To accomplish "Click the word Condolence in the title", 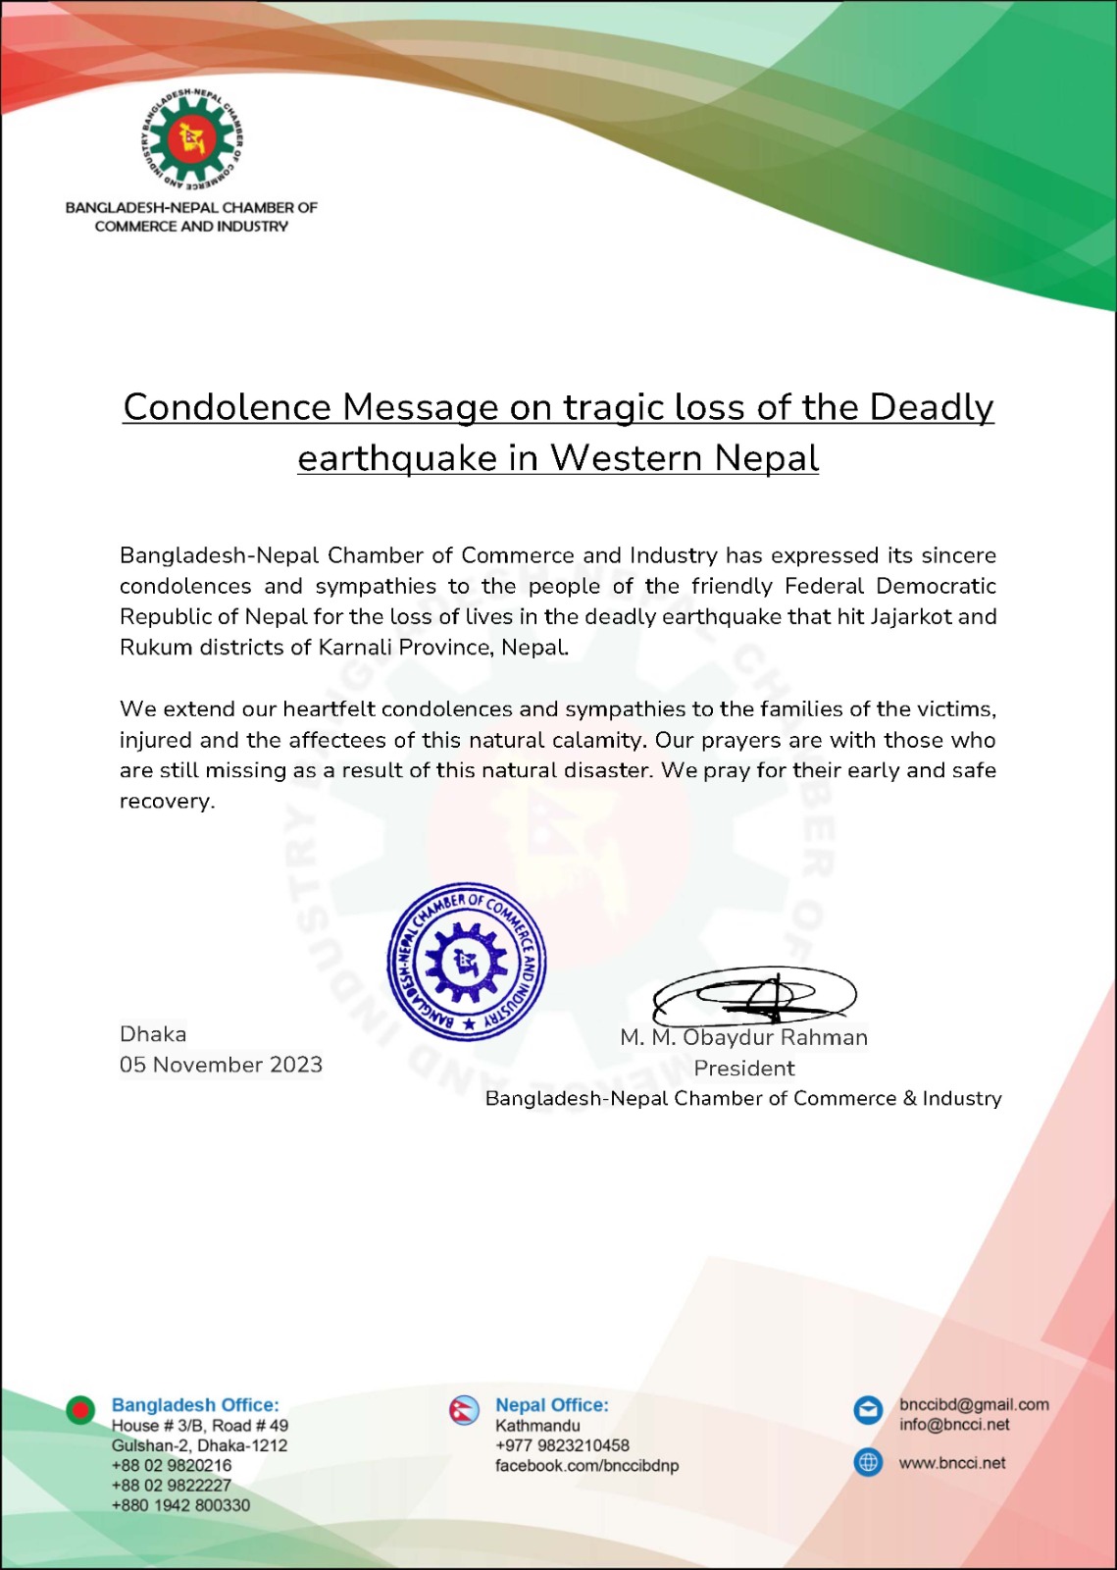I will click(x=227, y=407).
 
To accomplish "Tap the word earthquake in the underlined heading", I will click(x=396, y=458).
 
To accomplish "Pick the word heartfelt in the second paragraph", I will click(x=329, y=708).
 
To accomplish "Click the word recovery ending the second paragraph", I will click(x=166, y=801).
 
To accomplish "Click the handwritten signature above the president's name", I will click(x=754, y=995).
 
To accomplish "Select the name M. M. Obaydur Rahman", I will click(x=743, y=1038).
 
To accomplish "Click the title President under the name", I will click(x=743, y=1069).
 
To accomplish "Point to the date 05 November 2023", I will click(x=221, y=1065).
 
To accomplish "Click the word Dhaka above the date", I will click(x=153, y=1034).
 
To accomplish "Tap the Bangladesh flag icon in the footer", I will click(x=80, y=1410).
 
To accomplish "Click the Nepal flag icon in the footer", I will click(x=464, y=1410).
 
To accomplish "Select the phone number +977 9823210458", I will click(x=562, y=1445).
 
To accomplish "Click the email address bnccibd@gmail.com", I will click(x=974, y=1405).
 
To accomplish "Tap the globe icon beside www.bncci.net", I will click(x=868, y=1462).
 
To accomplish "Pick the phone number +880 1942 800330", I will click(x=180, y=1505).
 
